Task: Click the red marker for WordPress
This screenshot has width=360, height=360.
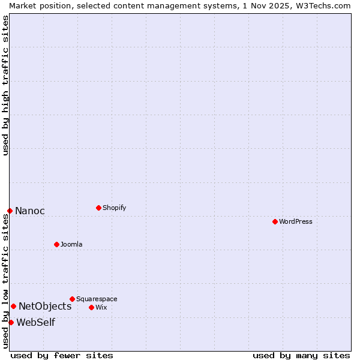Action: pyautogui.click(x=275, y=221)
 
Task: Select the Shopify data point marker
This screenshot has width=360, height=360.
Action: pyautogui.click(x=98, y=208)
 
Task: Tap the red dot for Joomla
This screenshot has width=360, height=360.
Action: pyautogui.click(x=56, y=244)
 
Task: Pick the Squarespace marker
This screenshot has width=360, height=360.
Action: pyautogui.click(x=72, y=299)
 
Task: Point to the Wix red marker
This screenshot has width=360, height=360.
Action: pyautogui.click(x=91, y=307)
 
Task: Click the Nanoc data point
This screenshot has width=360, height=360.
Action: pyautogui.click(x=10, y=211)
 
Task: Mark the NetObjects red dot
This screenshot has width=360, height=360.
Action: pyautogui.click(x=13, y=306)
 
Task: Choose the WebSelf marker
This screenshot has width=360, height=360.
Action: pyautogui.click(x=11, y=322)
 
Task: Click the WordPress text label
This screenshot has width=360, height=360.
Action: pyautogui.click(x=296, y=221)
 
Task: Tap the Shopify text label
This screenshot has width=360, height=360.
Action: pyautogui.click(x=115, y=208)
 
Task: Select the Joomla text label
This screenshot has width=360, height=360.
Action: pyautogui.click(x=71, y=244)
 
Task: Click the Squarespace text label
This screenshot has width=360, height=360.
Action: pyautogui.click(x=97, y=299)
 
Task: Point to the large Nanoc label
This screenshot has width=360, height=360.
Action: pyautogui.click(x=30, y=211)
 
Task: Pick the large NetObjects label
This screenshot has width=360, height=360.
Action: pyautogui.click(x=45, y=306)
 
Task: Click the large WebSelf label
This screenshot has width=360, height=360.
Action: pyautogui.click(x=35, y=322)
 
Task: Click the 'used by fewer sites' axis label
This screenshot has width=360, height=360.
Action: pyautogui.click(x=62, y=355)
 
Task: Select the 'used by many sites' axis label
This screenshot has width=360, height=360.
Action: pyautogui.click(x=301, y=355)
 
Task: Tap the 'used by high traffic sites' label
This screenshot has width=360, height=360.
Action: pyautogui.click(x=5, y=85)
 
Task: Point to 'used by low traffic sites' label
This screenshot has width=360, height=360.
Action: pyautogui.click(x=5, y=281)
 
